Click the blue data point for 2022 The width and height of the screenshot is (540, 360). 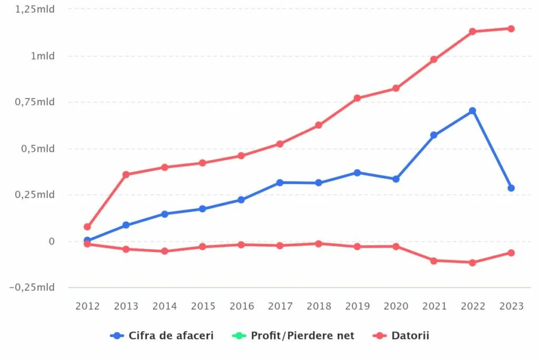[x=472, y=111]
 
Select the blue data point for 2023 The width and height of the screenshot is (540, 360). [x=511, y=188]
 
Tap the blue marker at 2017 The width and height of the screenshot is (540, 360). [x=280, y=182]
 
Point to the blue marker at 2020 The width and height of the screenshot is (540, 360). [x=396, y=179]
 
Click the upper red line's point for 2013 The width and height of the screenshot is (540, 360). [x=126, y=174]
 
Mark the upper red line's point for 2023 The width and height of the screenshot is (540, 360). [x=511, y=28]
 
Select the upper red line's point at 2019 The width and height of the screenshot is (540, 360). [x=357, y=98]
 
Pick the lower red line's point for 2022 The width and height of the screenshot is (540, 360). [x=472, y=262]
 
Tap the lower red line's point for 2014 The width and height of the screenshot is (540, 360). [x=165, y=251]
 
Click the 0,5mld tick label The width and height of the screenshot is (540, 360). [x=38, y=149]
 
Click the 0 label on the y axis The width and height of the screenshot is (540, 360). [x=51, y=241]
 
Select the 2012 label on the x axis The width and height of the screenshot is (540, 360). [x=88, y=306]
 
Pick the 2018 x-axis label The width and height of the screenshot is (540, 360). [x=319, y=306]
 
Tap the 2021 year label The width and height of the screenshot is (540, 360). [x=434, y=306]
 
